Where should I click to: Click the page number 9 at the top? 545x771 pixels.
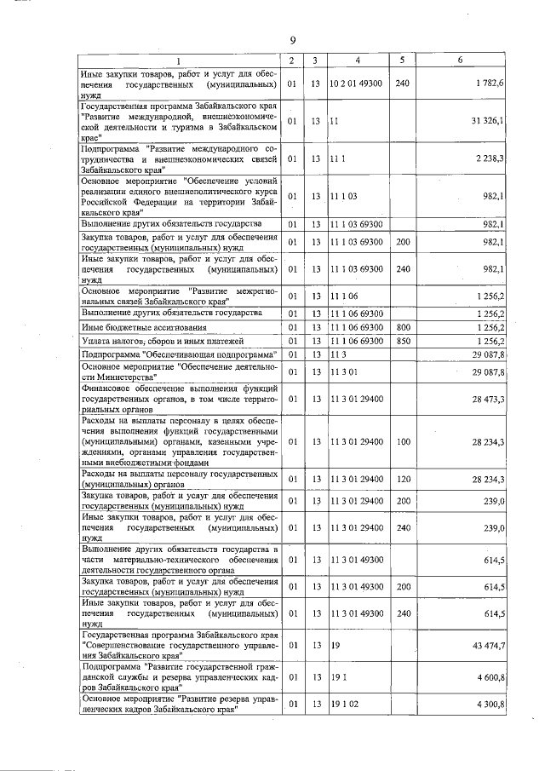[292, 40]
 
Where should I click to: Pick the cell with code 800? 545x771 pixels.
[403, 326]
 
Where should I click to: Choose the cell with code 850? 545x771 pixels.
[403, 340]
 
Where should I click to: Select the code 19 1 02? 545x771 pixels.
[344, 704]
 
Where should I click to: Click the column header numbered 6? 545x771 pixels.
[460, 60]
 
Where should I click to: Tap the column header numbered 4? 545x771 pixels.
[358, 60]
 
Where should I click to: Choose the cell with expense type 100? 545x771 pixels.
[403, 441]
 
